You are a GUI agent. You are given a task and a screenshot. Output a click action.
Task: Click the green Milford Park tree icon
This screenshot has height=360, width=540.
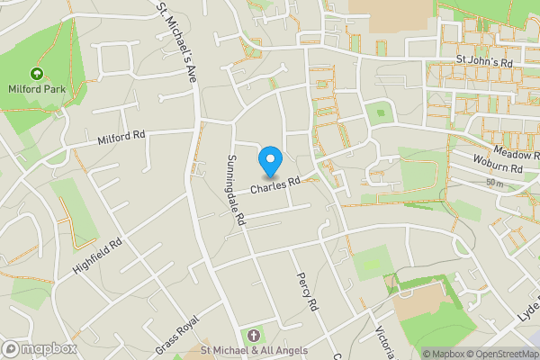[37, 73]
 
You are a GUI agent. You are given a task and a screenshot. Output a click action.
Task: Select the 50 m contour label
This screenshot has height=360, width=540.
[493, 183]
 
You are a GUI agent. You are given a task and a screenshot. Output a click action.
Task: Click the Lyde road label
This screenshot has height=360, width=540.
[527, 320]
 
